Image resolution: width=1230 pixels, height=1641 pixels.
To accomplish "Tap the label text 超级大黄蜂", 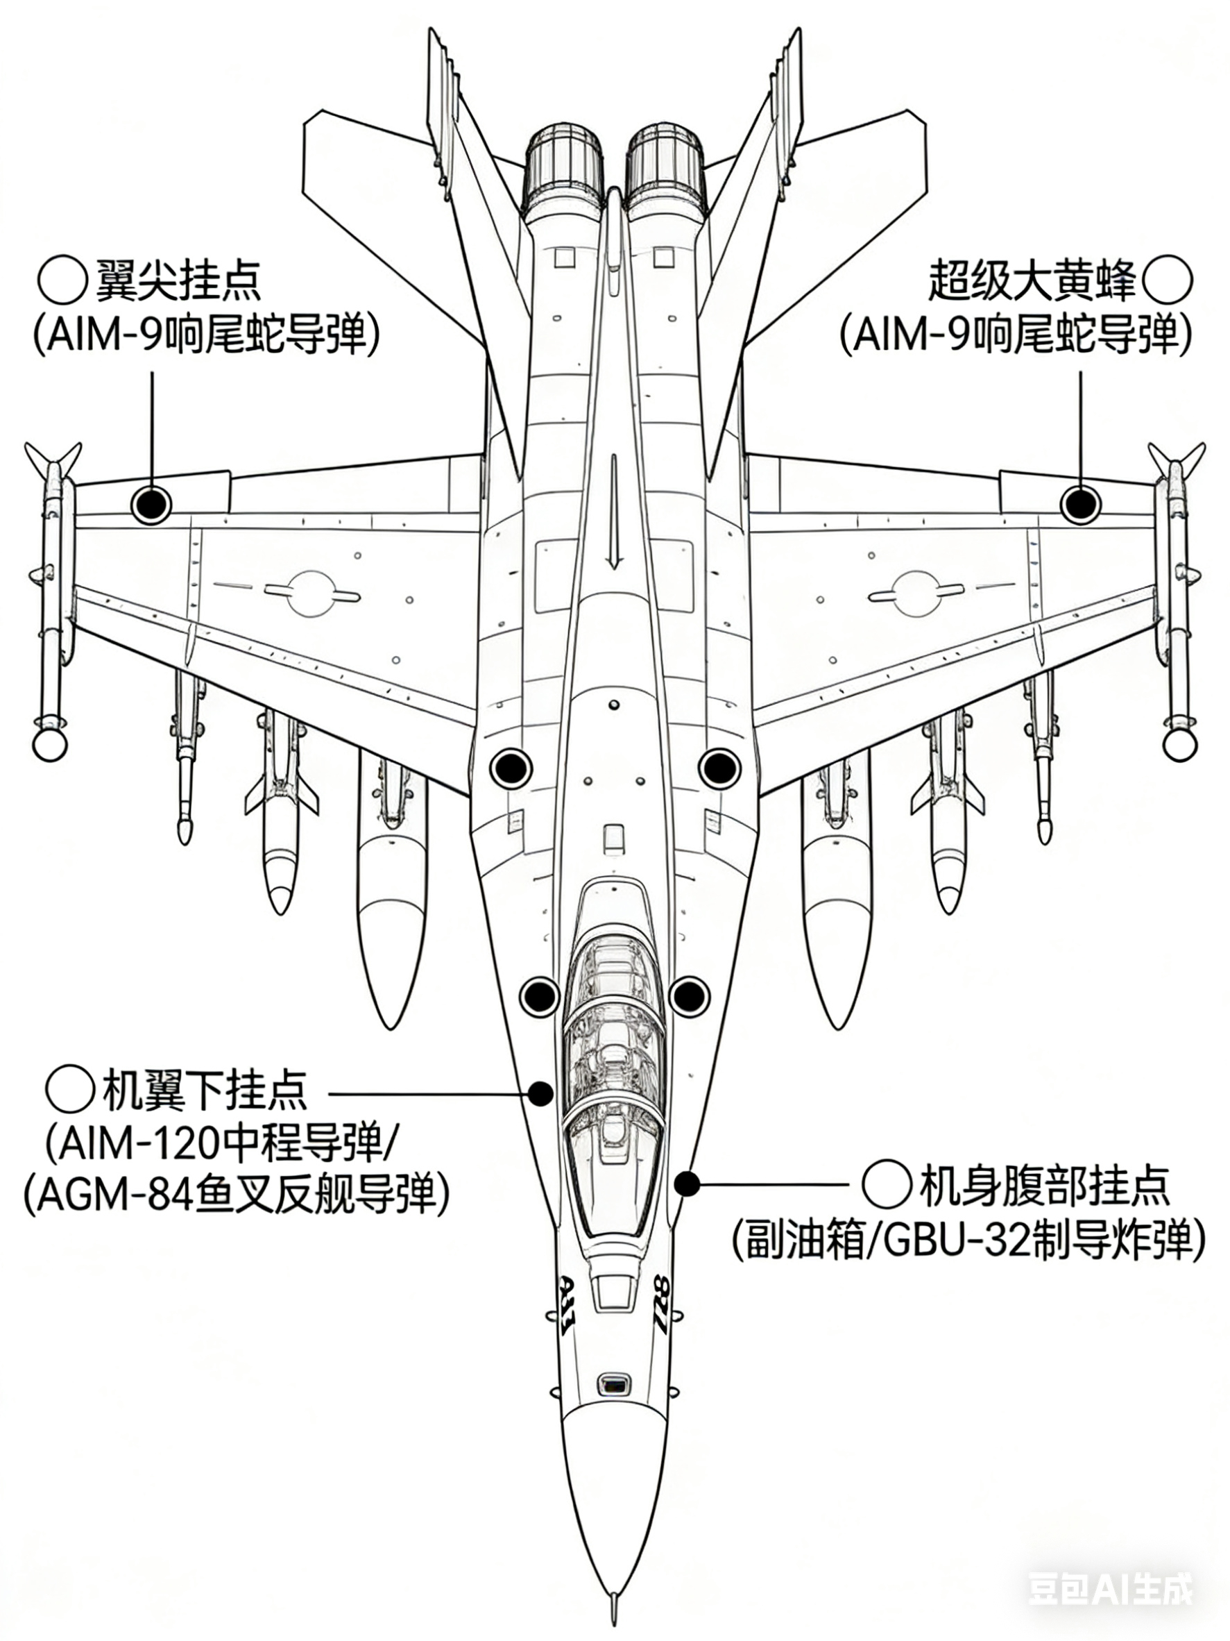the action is pyautogui.click(x=1032, y=281).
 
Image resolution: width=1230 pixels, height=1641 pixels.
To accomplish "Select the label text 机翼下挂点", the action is pyautogui.click(x=204, y=1090).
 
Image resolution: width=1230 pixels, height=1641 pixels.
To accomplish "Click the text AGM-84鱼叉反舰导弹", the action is pyautogui.click(x=237, y=1193).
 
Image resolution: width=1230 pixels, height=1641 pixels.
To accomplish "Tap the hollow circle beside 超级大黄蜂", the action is pyautogui.click(x=1168, y=281).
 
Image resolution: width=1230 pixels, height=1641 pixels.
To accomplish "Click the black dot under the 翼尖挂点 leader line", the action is pyautogui.click(x=151, y=505).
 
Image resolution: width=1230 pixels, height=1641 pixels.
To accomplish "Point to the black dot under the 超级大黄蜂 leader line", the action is pyautogui.click(x=1079, y=505).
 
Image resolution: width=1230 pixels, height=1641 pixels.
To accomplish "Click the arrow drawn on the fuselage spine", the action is pyautogui.click(x=613, y=512).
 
